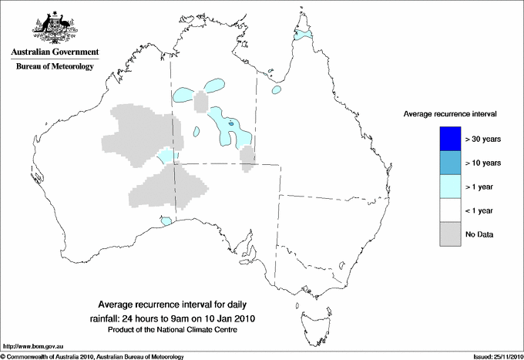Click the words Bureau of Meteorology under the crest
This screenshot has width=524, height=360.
pos(55,67)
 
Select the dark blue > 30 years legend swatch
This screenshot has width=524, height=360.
pos(448,139)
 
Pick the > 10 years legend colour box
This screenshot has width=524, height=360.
pos(448,163)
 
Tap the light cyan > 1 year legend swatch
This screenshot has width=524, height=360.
pos(448,186)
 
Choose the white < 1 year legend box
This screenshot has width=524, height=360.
pos(448,210)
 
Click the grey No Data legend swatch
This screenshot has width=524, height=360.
pos(448,234)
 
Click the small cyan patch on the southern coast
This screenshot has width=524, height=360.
pos(166,221)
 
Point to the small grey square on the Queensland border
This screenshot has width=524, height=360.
pos(247,157)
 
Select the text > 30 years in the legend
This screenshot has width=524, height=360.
pos(483,140)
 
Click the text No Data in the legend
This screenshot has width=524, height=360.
pos(479,234)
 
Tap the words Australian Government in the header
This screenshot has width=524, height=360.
pos(55,52)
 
